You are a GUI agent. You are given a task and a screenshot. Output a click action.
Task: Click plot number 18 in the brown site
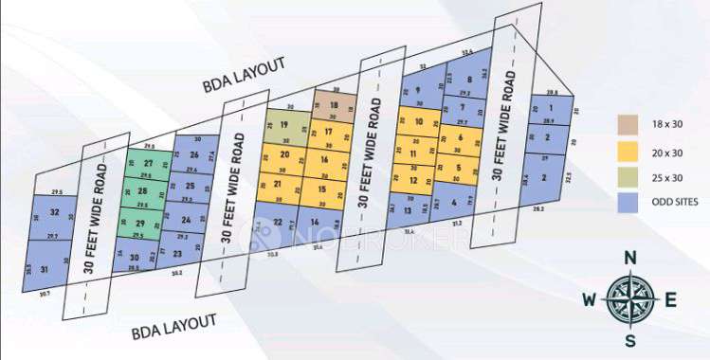click(x=333, y=104)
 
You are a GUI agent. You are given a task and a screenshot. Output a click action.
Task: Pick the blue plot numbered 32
click(x=55, y=212)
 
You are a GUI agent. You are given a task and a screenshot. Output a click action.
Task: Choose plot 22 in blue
click(x=278, y=222)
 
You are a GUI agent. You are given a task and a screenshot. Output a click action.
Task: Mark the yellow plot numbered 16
click(x=324, y=161)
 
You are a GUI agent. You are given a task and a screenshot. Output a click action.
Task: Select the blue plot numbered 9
click(x=417, y=90)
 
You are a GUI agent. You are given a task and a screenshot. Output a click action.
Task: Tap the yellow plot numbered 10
click(x=418, y=122)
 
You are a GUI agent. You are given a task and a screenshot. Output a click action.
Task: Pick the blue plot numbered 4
click(x=455, y=202)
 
